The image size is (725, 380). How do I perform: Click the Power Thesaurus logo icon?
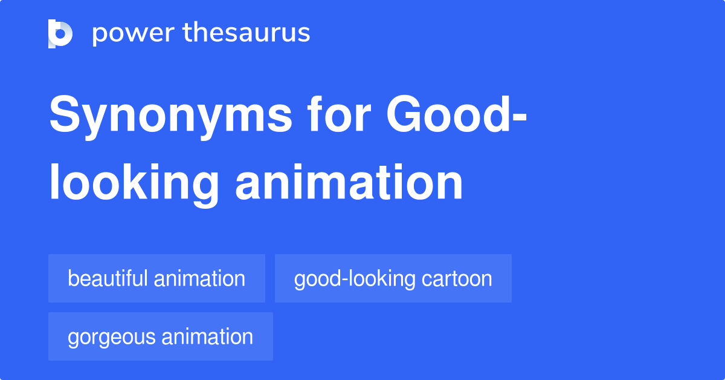[60, 33]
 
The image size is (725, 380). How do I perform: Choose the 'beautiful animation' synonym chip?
[156, 278]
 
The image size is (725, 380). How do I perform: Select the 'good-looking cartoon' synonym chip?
[393, 278]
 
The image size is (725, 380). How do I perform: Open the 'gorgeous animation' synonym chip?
[160, 336]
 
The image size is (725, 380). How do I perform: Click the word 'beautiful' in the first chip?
[108, 278]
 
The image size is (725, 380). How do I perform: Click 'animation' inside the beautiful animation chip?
[199, 278]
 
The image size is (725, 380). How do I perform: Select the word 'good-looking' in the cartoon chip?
[355, 279]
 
